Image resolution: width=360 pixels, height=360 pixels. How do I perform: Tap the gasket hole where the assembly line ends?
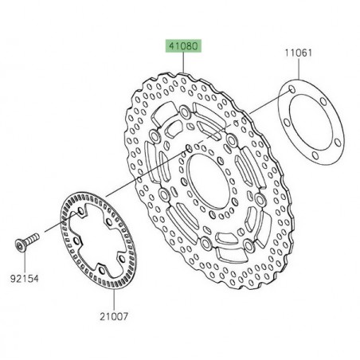(294, 83)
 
